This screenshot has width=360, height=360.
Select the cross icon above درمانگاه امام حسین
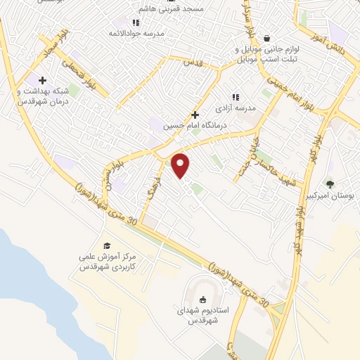pos(195,115)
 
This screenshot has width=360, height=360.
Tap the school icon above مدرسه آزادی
pos(236,97)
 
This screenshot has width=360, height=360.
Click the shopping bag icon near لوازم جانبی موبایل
pos(266,38)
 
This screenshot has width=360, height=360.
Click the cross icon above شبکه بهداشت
pos(42,81)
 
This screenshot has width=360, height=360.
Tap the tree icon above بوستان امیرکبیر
pos(330,184)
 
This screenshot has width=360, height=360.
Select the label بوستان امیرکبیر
pos(330,195)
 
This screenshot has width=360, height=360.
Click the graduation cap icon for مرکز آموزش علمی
pos(107,245)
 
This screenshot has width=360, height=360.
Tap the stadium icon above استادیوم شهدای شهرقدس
pos(203,299)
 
